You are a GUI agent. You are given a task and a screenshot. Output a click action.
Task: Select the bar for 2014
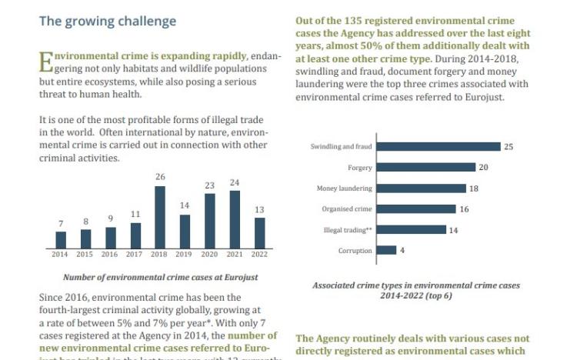click(61, 240)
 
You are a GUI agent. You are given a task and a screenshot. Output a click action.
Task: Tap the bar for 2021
click(235, 220)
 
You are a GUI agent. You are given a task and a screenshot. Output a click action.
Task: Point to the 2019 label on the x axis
click(185, 254)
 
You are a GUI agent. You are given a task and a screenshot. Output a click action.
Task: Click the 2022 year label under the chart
click(259, 254)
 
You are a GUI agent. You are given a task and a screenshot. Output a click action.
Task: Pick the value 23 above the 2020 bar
click(209, 185)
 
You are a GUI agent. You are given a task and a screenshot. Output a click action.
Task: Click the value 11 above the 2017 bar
click(135, 215)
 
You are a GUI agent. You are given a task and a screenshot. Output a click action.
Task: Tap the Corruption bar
click(387, 250)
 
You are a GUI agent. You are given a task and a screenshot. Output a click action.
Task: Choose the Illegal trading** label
click(348, 230)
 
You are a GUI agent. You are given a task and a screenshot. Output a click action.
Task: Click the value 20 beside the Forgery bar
click(484, 168)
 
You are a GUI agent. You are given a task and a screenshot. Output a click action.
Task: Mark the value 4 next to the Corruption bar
click(402, 250)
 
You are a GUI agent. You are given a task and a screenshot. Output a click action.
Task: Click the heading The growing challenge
click(108, 21)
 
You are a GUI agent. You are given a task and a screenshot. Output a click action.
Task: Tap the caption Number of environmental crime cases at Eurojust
click(161, 277)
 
